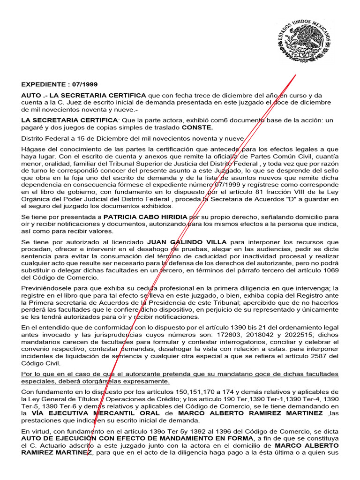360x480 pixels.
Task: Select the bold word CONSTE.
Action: (x=197, y=127)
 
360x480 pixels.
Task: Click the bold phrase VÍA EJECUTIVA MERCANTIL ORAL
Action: (x=96, y=414)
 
